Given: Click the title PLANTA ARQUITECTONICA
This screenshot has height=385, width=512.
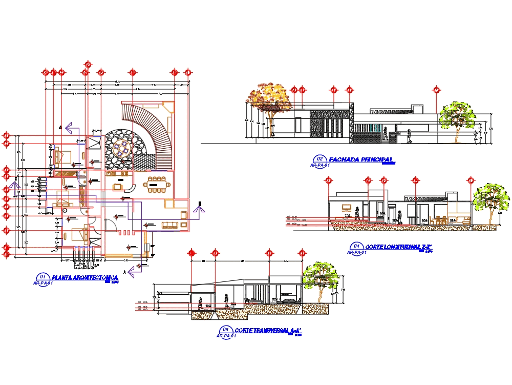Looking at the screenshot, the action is point(85,277).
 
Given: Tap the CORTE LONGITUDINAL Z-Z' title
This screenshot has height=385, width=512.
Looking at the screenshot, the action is point(400,247).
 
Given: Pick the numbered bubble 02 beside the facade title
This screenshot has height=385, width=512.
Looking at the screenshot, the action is point(321,159).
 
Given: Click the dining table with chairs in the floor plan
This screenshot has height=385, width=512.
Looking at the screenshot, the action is point(157,184).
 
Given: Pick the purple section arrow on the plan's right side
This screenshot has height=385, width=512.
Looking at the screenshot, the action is point(200,207).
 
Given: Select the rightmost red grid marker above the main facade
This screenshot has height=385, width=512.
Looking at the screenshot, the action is point(436,90).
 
